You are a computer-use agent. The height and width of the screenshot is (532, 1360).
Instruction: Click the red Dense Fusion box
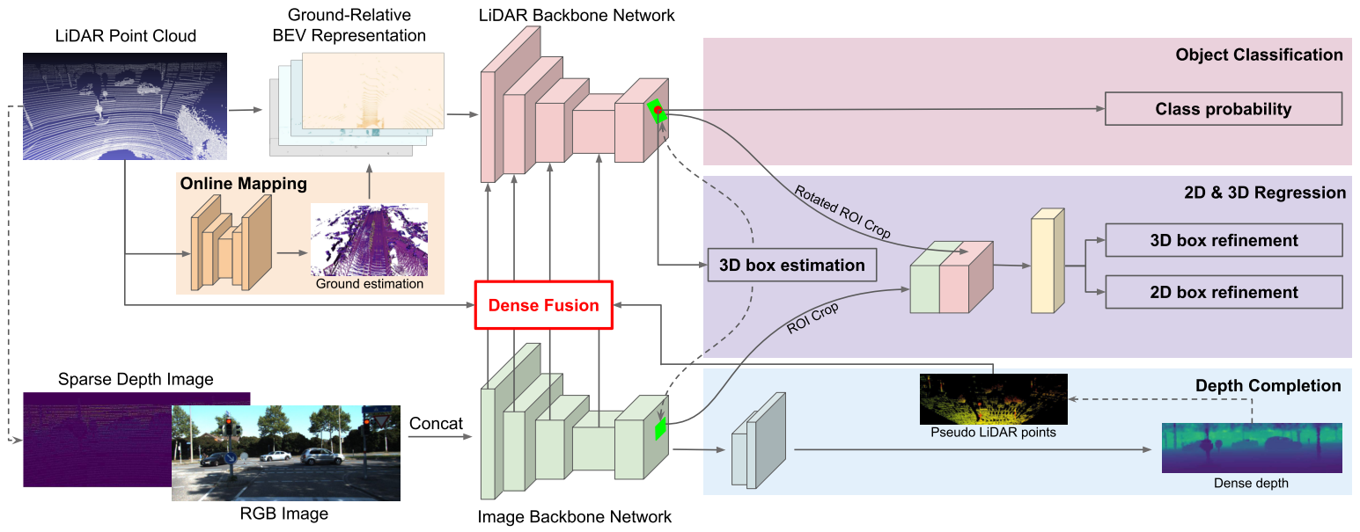543,305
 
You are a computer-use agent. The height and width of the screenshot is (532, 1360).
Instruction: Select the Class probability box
1223,109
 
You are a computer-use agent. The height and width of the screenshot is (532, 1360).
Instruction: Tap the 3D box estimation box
792,265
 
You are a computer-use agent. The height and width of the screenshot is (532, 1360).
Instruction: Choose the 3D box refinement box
1223,240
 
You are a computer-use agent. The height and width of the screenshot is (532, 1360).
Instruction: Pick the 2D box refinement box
1223,292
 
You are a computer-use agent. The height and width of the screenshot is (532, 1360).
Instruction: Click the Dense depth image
1252,448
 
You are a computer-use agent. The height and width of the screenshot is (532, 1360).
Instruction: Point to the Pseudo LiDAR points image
993,399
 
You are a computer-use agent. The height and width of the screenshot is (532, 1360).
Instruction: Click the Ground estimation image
369,240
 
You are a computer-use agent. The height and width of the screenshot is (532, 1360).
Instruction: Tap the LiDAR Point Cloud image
124,106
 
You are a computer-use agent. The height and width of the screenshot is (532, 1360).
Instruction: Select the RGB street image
286,453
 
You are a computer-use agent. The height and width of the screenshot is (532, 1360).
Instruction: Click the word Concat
436,424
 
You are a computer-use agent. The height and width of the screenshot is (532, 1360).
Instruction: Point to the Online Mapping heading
243,185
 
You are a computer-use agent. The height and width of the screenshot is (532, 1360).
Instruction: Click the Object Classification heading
1259,55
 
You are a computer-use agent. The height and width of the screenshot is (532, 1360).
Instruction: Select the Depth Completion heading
1268,386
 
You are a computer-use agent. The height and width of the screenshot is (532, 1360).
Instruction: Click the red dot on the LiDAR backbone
657,110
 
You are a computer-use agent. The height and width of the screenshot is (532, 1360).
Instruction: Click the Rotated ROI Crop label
842,212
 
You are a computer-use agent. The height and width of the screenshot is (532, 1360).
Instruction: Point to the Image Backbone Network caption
575,517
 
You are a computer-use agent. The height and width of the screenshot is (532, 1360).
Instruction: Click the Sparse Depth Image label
136,380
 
